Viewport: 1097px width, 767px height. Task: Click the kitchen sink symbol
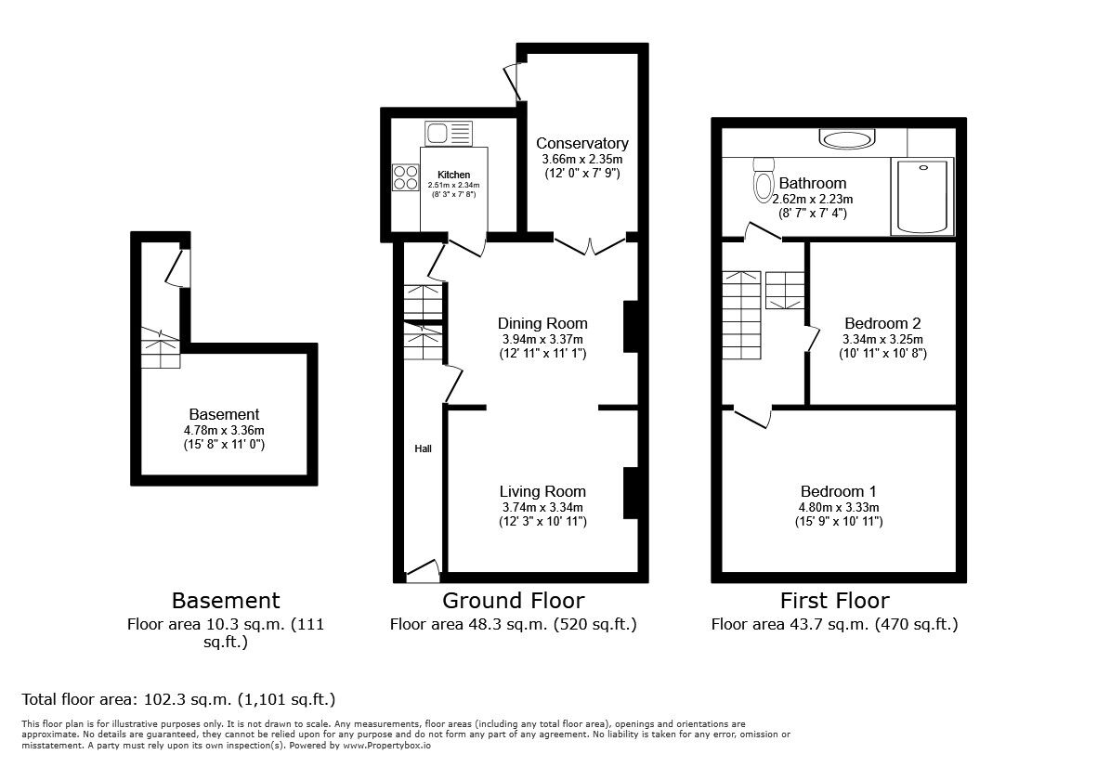(x=449, y=133)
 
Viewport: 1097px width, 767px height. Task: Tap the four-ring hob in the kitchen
(x=406, y=176)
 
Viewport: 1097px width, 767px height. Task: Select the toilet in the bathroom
(x=764, y=175)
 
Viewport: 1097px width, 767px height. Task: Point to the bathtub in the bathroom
(x=921, y=196)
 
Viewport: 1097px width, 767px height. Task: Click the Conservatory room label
(x=581, y=143)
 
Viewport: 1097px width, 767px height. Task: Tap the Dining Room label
(x=542, y=323)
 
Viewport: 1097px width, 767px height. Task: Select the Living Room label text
(x=542, y=491)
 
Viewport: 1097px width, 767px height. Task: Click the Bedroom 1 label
(x=839, y=491)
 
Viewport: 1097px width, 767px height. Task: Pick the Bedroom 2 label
(x=882, y=323)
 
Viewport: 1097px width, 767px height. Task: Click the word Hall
(x=423, y=448)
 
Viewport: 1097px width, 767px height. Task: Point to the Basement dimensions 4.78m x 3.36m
(x=224, y=430)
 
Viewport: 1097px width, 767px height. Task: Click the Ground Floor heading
(x=513, y=600)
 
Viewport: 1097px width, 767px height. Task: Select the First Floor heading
(x=834, y=600)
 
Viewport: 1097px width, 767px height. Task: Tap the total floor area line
(x=178, y=699)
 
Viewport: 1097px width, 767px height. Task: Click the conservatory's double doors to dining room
(x=589, y=244)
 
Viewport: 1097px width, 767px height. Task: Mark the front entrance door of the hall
(x=424, y=570)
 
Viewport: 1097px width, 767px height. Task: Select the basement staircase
(x=159, y=349)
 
